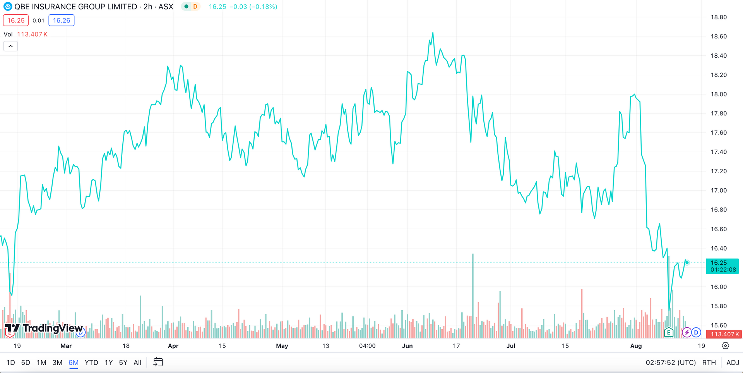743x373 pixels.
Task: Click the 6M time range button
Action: pyautogui.click(x=74, y=363)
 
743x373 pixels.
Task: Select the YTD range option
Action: pyautogui.click(x=91, y=363)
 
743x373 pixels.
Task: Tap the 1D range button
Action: pyautogui.click(x=11, y=363)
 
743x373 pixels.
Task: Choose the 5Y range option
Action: pyautogui.click(x=123, y=363)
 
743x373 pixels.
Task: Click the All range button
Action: pyautogui.click(x=137, y=363)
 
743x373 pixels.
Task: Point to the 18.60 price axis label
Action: pyautogui.click(x=719, y=36)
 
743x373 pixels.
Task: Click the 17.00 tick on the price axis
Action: pyautogui.click(x=719, y=191)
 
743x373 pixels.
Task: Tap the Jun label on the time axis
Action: pyautogui.click(x=407, y=345)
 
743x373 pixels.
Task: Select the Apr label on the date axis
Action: pyautogui.click(x=173, y=345)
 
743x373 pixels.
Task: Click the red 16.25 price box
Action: pyautogui.click(x=16, y=21)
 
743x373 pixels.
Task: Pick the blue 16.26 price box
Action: pyautogui.click(x=62, y=21)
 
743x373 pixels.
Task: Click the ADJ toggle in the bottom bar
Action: pyautogui.click(x=733, y=363)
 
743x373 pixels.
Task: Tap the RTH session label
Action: pyautogui.click(x=709, y=363)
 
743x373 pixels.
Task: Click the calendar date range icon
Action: pyautogui.click(x=158, y=362)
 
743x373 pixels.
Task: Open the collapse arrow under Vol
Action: pyautogui.click(x=10, y=46)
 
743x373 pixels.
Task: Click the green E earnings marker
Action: pyautogui.click(x=668, y=332)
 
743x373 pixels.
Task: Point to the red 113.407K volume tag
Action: pyautogui.click(x=723, y=334)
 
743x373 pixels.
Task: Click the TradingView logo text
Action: pyautogui.click(x=53, y=328)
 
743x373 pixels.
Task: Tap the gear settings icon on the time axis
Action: pyautogui.click(x=725, y=345)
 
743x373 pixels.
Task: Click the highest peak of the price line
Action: pyautogui.click(x=433, y=33)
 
